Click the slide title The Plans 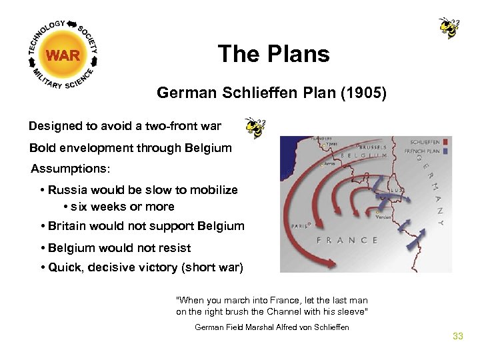pos(273,54)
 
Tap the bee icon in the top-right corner pos(449,28)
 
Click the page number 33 pos(457,336)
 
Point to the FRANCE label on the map pos(347,240)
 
